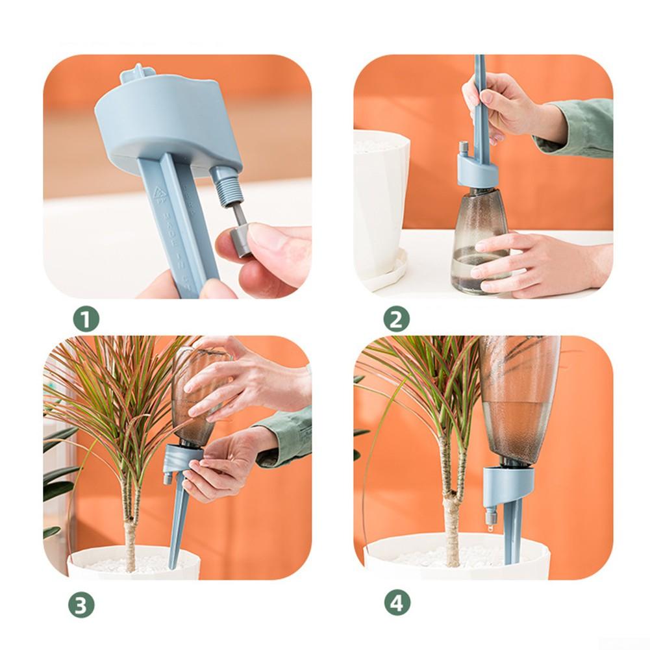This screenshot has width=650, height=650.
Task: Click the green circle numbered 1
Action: (x=86, y=320)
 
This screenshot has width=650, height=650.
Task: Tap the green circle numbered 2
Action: (x=397, y=320)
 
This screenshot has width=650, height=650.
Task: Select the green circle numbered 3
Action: (x=81, y=605)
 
